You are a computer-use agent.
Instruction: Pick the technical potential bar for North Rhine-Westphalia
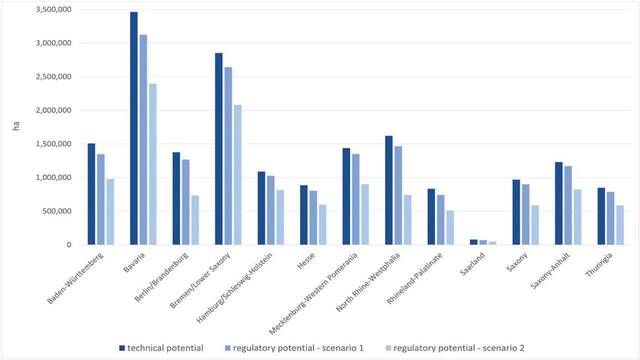389,190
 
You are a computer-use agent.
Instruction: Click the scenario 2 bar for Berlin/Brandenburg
195,220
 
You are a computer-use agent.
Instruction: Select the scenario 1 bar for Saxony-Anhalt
568,205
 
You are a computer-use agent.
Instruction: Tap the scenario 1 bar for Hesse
313,217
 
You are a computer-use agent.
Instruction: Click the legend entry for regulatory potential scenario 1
302,348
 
